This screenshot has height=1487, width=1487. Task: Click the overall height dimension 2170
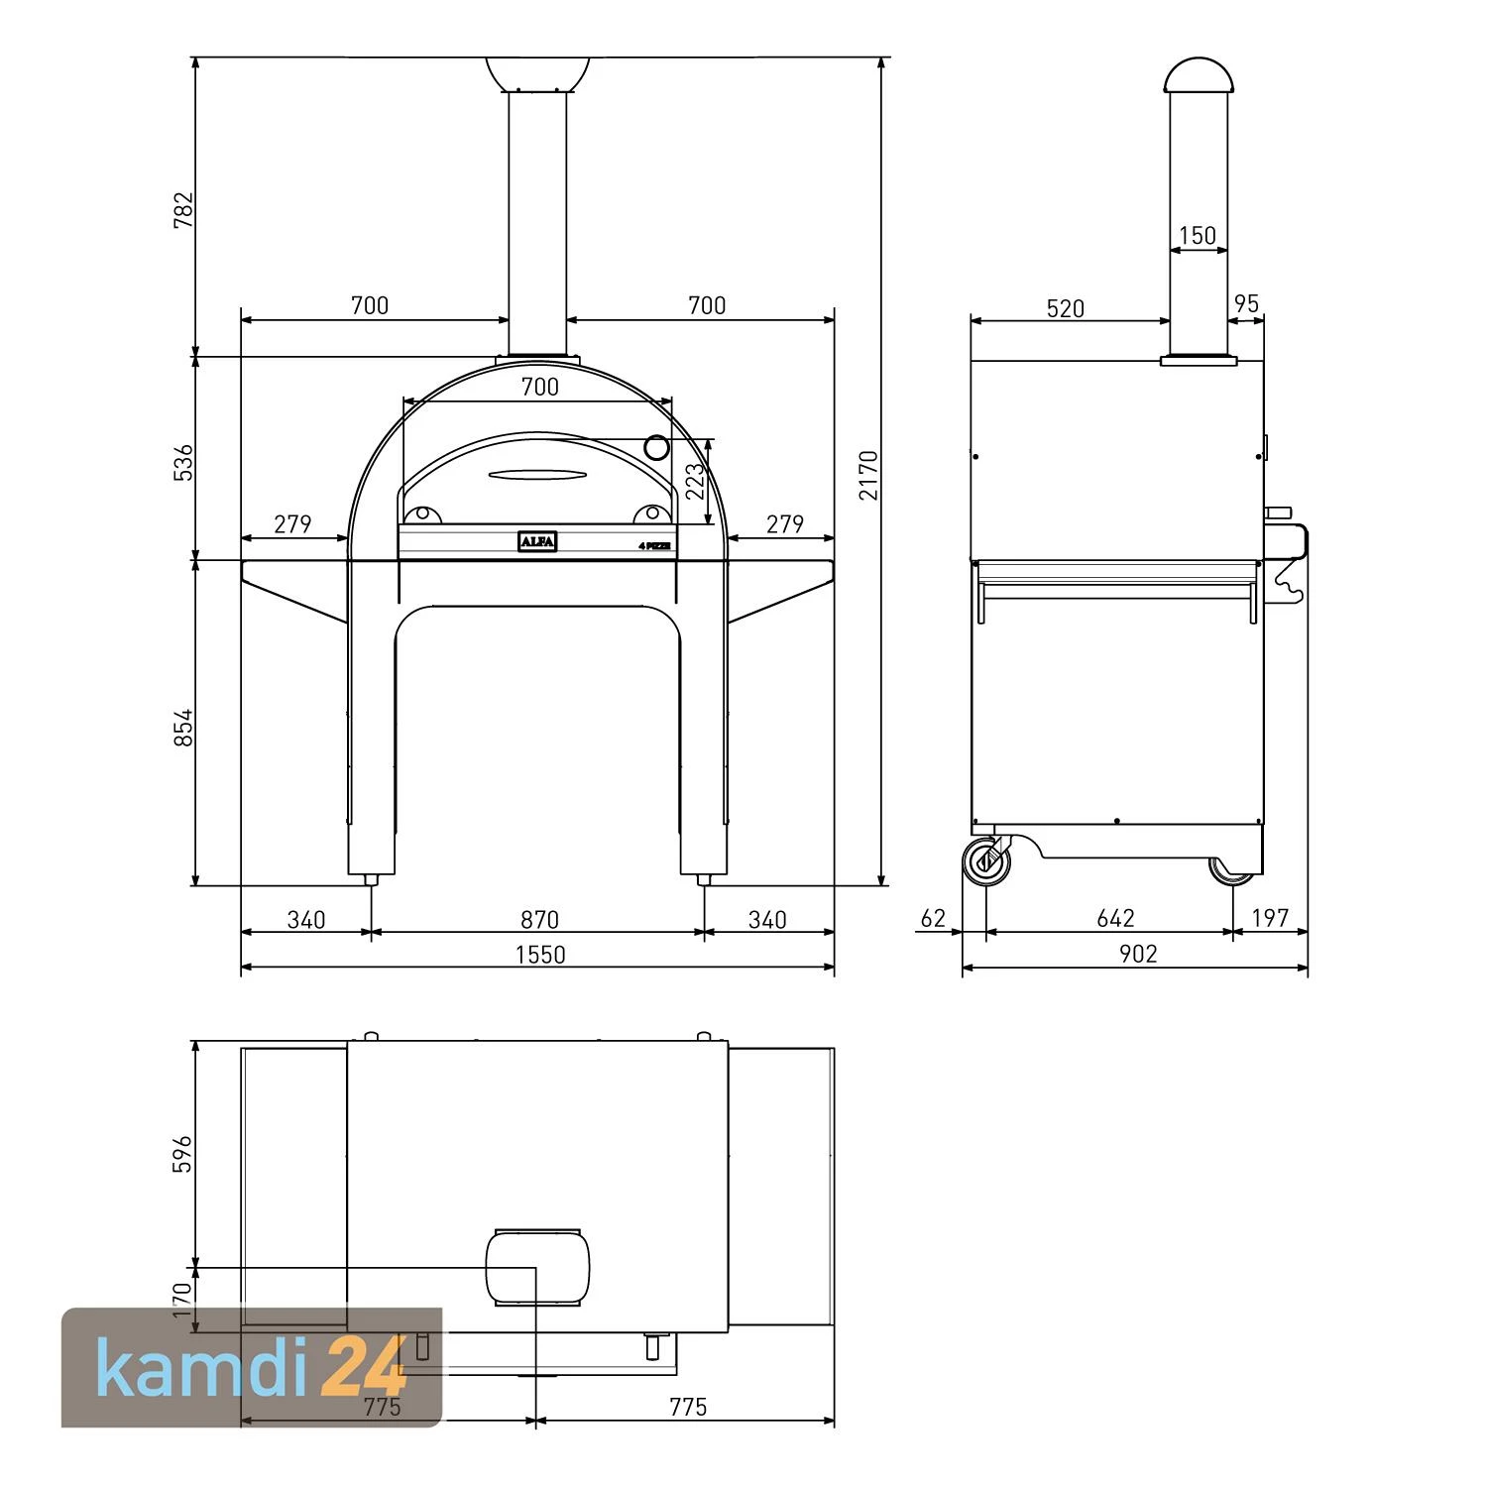[868, 475]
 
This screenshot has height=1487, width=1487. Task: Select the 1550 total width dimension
[540, 955]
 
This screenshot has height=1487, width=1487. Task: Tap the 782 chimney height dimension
[184, 210]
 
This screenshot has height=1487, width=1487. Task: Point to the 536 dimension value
[184, 463]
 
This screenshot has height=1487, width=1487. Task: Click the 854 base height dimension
[184, 727]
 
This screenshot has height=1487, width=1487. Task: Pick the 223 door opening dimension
[695, 482]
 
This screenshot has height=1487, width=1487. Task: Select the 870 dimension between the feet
[540, 920]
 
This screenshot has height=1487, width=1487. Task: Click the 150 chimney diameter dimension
[1198, 236]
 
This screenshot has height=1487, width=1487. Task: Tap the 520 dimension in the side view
[1066, 308]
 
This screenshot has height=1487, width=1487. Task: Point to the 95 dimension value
[1246, 303]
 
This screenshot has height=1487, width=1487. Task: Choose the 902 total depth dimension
[1138, 954]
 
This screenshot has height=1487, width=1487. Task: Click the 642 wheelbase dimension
[1115, 919]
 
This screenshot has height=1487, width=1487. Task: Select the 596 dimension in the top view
[184, 1154]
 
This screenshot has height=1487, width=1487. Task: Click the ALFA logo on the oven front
[538, 541]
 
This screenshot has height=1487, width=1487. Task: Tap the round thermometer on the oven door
[655, 448]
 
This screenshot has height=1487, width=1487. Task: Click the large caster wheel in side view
[987, 861]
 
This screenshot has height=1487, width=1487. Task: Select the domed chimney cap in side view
[1199, 76]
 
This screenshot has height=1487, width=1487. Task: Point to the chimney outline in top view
[537, 1267]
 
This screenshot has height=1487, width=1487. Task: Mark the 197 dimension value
[1270, 919]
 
